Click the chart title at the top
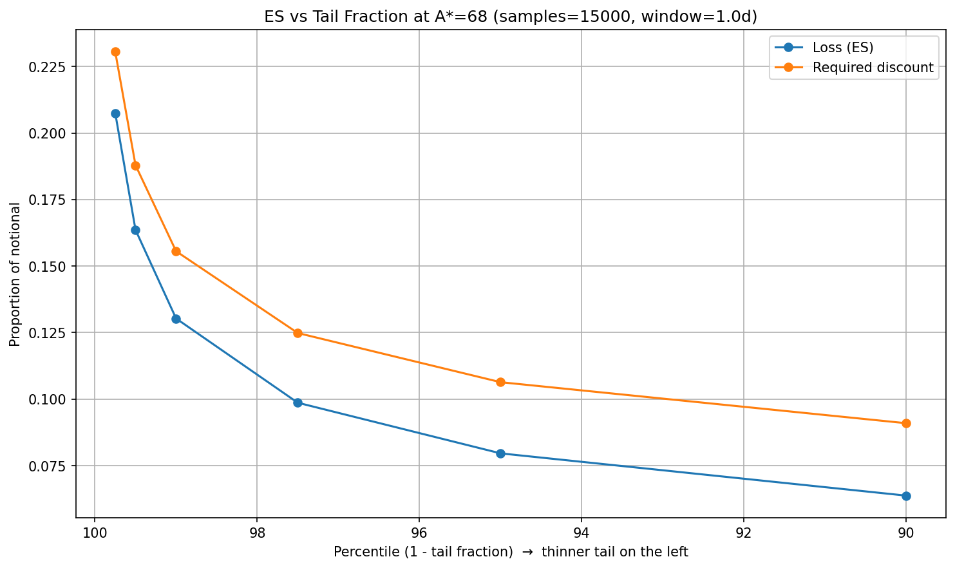(x=511, y=17)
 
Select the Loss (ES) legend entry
(x=842, y=47)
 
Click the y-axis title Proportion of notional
(x=15, y=274)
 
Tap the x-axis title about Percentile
(x=511, y=552)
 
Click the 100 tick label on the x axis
(x=95, y=533)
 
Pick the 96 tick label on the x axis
(x=419, y=533)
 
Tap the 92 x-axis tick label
(x=744, y=533)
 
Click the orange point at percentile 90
(x=906, y=423)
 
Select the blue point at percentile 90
(x=906, y=496)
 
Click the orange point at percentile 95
(x=500, y=382)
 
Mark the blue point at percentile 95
(x=500, y=453)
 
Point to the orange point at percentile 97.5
(x=298, y=333)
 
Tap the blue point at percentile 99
(x=176, y=319)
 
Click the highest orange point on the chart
(x=115, y=52)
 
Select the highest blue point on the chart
(x=115, y=113)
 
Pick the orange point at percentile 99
(x=176, y=251)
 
